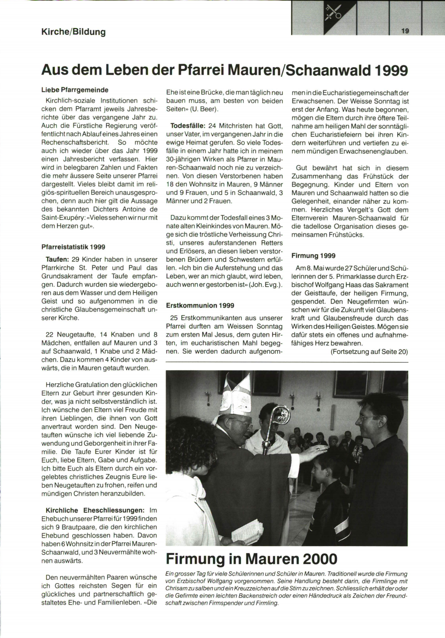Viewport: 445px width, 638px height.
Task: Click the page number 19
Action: pyautogui.click(x=405, y=31)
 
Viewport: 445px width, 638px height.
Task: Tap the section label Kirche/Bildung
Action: pyautogui.click(x=74, y=32)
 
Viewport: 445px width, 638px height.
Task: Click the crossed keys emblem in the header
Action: pyautogui.click(x=333, y=13)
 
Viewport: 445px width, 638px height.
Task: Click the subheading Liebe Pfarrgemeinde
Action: pyautogui.click(x=75, y=90)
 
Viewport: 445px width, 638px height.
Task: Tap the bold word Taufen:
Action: pyautogui.click(x=57, y=259)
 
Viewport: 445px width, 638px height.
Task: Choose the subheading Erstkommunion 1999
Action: pyautogui.click(x=200, y=305)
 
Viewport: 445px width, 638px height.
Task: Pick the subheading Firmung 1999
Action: pyautogui.click(x=313, y=256)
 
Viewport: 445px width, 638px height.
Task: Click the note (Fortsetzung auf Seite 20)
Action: pyautogui.click(x=369, y=352)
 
